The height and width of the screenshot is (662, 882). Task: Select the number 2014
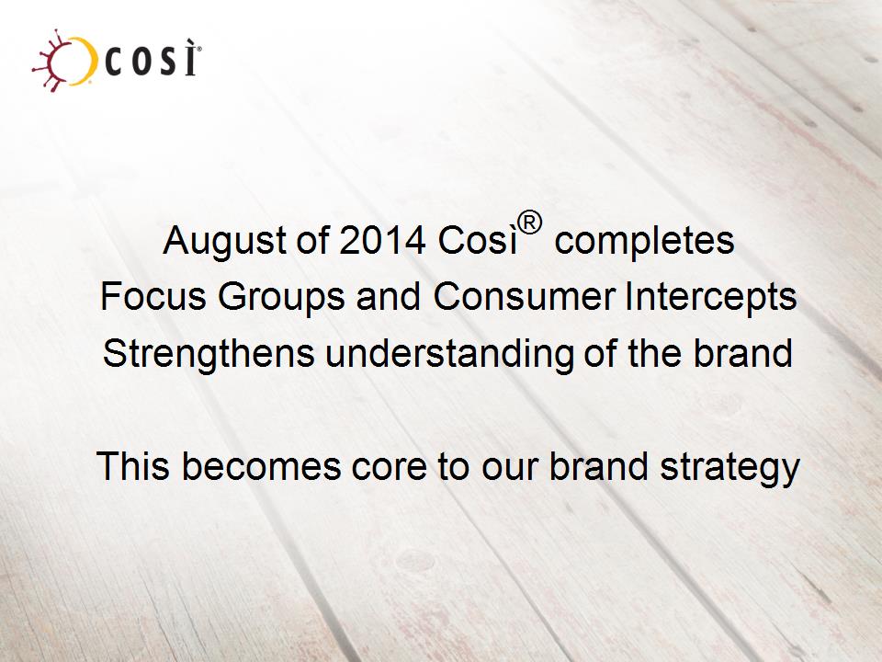point(382,240)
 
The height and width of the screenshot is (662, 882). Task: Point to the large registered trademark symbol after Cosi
point(530,223)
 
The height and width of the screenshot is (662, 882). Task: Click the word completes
point(644,242)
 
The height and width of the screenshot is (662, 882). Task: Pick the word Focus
point(153,296)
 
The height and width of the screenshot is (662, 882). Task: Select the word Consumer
point(524,296)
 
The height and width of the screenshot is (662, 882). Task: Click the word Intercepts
point(711,298)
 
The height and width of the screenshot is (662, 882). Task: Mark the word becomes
point(262,466)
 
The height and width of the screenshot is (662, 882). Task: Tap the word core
point(389,470)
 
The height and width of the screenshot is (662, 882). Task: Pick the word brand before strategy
point(599,466)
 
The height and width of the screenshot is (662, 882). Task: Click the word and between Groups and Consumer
point(388,296)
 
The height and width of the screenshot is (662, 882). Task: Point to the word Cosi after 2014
point(477,240)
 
